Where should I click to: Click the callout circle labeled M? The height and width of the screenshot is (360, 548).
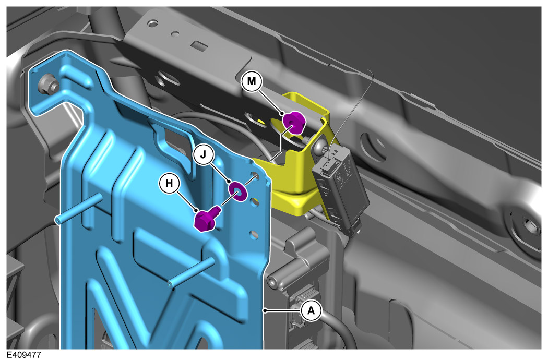click(252, 81)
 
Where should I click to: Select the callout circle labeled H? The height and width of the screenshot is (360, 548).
click(169, 183)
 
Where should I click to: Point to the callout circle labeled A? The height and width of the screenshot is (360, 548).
click(311, 310)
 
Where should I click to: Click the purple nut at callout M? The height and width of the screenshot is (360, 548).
click(294, 123)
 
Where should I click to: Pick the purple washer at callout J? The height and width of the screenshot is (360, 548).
click(237, 191)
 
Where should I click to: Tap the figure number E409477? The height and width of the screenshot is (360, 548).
click(24, 355)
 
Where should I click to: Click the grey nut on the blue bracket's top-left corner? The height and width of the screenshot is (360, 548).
click(46, 85)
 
